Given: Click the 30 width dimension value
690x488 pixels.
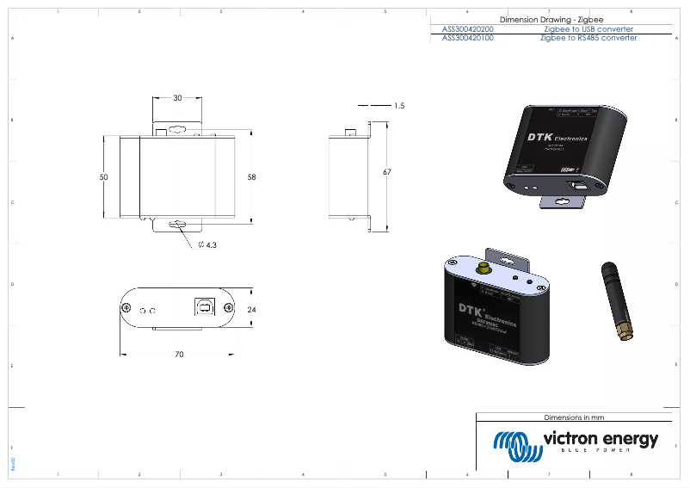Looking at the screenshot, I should pos(177,98).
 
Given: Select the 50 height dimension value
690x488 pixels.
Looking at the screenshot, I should pos(103,176).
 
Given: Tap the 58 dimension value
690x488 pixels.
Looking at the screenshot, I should pos(251,177).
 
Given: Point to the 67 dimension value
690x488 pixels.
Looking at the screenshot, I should pos(387,172).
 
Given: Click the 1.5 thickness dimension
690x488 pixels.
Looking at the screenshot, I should pos(398,106).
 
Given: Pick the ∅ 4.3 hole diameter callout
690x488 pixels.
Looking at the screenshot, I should pos(207,245).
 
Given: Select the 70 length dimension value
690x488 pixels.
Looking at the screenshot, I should pos(178,354).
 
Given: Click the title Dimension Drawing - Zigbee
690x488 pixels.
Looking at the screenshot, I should pos(550,19).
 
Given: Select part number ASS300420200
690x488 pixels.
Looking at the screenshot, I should pos(467,28).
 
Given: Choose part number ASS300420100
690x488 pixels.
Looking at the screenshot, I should pos(467,38).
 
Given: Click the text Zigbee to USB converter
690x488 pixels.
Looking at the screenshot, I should pos(588,28).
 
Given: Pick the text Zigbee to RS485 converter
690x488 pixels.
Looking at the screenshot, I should pos(588,38).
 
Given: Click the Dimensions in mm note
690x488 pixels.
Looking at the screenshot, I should pos(575,417).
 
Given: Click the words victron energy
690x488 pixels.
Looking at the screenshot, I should pos(600,438).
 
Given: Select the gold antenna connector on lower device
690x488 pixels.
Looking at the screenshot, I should pos(484,269).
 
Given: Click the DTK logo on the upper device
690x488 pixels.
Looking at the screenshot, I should pos(540,139).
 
